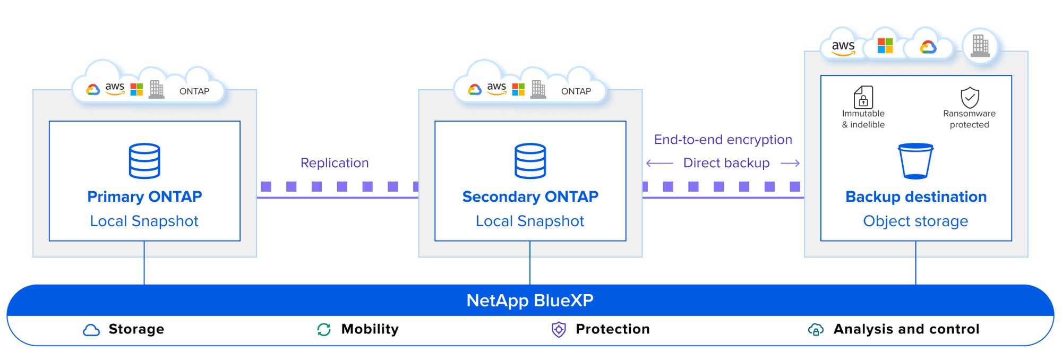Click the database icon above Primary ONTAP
pos(144,160)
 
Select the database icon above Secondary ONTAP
pos(530,160)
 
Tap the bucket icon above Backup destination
pos(915,161)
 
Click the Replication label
pos(335,163)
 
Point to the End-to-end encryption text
pos(723,140)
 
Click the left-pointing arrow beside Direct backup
pos(660,164)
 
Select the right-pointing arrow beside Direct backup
pos(790,164)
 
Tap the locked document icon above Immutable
pos(863,97)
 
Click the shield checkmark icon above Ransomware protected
pos(970,97)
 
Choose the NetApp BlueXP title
pos(530,301)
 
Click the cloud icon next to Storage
pos(91,330)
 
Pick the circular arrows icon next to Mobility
pos(324,330)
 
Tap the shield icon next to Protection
pos(559,330)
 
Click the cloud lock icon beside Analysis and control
pos(816,330)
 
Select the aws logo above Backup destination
pos(843,47)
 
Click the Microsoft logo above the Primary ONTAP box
pos(137,90)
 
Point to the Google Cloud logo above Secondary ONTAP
pos(475,90)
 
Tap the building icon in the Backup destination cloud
pos(980,46)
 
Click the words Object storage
pos(915,221)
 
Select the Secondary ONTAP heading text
pos(530,197)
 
